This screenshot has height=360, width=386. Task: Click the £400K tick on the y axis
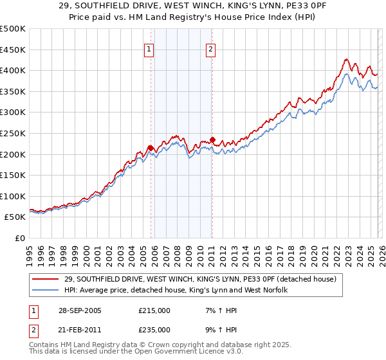click(13, 70)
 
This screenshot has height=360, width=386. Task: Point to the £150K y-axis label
click(13, 175)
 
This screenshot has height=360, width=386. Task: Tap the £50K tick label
click(15, 217)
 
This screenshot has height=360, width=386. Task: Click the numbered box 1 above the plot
click(149, 49)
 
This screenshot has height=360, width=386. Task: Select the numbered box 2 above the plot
click(211, 49)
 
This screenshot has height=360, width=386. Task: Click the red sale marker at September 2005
click(151, 148)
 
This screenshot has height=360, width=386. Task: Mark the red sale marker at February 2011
click(212, 139)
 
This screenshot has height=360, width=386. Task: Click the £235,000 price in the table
click(154, 330)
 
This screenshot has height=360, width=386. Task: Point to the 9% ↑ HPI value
click(219, 330)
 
